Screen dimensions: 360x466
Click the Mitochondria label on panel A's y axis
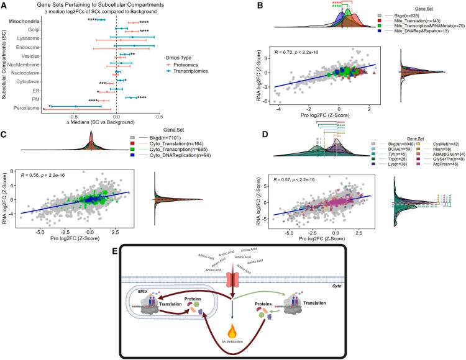coord(25,22)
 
